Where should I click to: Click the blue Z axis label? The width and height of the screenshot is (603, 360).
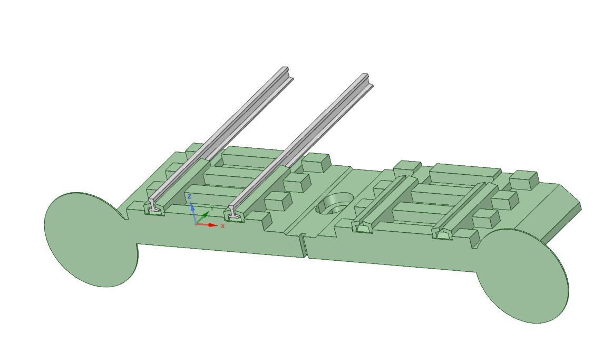tap(190, 197)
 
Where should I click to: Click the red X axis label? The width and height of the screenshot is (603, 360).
tap(223, 226)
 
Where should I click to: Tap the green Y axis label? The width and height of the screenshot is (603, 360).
tap(212, 209)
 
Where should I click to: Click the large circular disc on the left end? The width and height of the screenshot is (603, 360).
tap(90, 240)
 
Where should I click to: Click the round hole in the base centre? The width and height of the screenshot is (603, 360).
tap(335, 204)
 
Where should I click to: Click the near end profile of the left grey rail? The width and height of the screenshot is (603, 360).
tap(154, 206)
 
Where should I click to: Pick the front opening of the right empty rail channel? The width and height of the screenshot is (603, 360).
tap(442, 234)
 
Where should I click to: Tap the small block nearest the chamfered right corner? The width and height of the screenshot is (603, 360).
tap(524, 179)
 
